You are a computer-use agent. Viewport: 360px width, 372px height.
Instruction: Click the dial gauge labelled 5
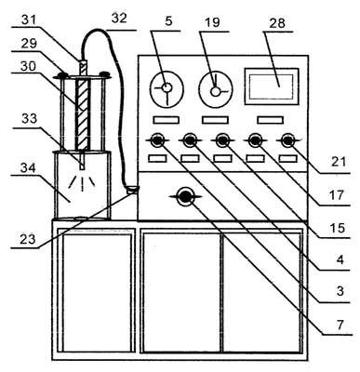(x=167, y=89)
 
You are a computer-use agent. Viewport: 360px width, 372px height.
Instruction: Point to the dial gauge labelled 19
(x=216, y=90)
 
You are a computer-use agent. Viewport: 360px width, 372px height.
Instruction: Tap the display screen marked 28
(x=272, y=86)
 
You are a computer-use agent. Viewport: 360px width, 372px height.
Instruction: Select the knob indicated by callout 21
(x=288, y=140)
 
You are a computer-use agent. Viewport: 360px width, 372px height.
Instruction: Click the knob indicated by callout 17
(x=255, y=140)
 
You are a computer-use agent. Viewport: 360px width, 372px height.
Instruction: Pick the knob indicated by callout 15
(x=222, y=140)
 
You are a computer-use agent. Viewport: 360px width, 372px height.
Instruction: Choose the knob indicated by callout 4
(x=190, y=140)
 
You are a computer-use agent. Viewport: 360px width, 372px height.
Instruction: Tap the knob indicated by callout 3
(x=157, y=140)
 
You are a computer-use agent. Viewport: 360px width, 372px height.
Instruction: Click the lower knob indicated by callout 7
(x=185, y=196)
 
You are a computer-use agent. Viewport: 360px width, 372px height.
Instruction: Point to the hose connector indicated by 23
(x=132, y=189)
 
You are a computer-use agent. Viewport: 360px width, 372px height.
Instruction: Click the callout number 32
(x=119, y=18)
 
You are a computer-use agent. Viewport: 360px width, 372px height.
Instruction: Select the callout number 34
(x=28, y=168)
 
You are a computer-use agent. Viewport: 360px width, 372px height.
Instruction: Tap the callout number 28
(x=277, y=22)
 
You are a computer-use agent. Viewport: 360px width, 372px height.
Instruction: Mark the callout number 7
(x=340, y=325)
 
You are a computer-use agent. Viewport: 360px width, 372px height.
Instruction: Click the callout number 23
(x=28, y=239)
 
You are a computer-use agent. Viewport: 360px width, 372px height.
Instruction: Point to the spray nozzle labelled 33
(x=82, y=160)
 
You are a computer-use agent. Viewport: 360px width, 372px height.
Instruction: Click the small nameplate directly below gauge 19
(x=216, y=120)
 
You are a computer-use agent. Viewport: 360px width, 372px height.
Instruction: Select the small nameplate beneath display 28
(x=271, y=120)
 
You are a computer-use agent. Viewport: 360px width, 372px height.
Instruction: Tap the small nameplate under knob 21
(x=288, y=158)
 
